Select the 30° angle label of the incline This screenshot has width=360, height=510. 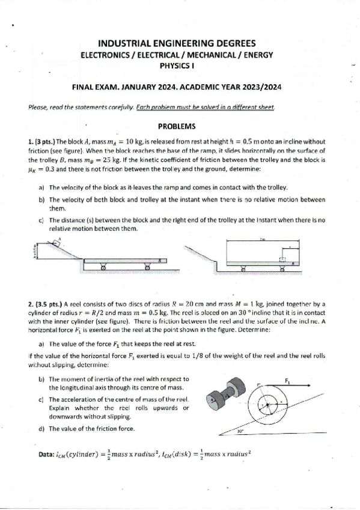point(239,431)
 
